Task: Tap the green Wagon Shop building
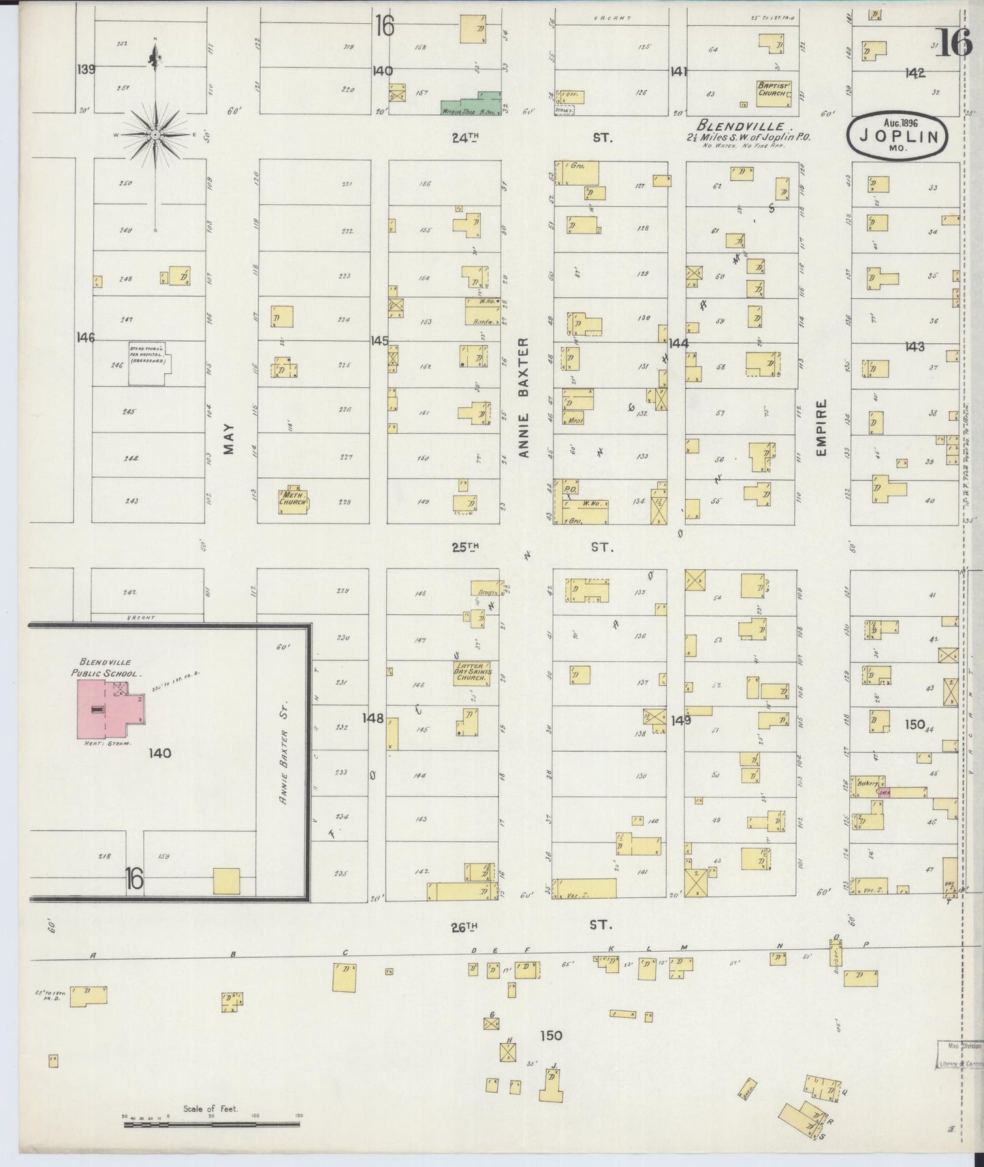[470, 106]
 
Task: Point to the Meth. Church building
[293, 500]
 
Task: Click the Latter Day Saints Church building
[471, 672]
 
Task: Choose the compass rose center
[156, 134]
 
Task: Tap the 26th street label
[464, 926]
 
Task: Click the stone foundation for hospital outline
[149, 363]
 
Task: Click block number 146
[86, 337]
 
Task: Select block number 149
[680, 720]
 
